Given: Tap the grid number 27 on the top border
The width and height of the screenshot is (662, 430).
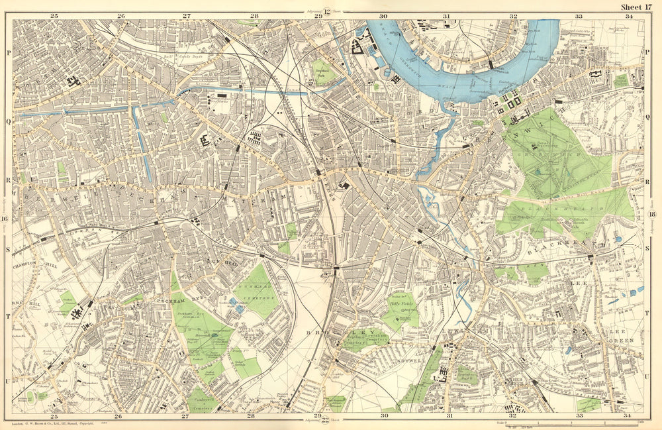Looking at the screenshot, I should (187, 15).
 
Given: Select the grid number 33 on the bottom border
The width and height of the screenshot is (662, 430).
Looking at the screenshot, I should (579, 416).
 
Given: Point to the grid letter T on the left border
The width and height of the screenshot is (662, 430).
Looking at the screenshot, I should (7, 316).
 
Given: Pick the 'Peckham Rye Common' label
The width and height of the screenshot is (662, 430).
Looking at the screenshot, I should (193, 320).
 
